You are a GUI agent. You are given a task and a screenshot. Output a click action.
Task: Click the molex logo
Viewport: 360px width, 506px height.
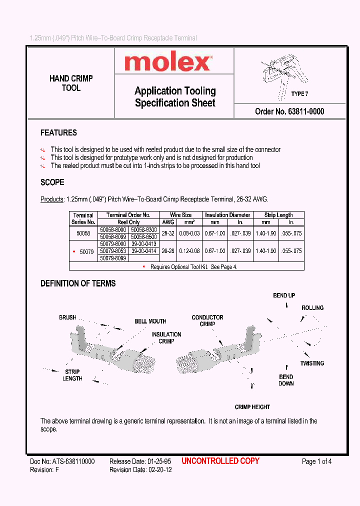point(167,62)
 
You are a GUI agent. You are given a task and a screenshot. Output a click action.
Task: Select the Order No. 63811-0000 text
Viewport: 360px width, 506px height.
point(289,111)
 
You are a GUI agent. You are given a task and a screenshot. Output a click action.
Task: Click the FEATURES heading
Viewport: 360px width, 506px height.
point(58,133)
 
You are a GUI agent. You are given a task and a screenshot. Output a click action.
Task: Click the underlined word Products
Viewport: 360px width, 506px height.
point(52,199)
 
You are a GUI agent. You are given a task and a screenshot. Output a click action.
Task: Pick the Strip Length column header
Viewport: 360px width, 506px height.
point(278,215)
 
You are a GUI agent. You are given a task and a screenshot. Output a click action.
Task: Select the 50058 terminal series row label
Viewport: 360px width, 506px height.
point(83,233)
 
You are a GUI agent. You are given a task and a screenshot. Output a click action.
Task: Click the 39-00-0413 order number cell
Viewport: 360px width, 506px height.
point(143,243)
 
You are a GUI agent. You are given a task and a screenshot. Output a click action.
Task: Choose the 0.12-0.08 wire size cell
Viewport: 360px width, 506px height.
point(189,251)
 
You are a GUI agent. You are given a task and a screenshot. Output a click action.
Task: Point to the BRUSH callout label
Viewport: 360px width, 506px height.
point(67,317)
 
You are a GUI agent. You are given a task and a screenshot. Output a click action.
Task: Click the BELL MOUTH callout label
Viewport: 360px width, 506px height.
point(150,321)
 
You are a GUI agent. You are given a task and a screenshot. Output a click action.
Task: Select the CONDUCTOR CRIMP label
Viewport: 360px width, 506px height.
point(207,320)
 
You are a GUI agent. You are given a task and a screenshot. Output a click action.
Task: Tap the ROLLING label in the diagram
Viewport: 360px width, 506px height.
point(312,308)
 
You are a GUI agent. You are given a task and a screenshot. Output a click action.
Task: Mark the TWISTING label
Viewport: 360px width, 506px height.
point(312,363)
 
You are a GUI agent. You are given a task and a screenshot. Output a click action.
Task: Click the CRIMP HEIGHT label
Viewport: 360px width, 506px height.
point(252,407)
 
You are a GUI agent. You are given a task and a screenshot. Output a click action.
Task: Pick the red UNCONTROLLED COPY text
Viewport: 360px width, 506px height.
point(220,461)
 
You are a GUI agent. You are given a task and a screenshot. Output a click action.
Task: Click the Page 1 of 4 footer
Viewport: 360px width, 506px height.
point(316,461)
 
